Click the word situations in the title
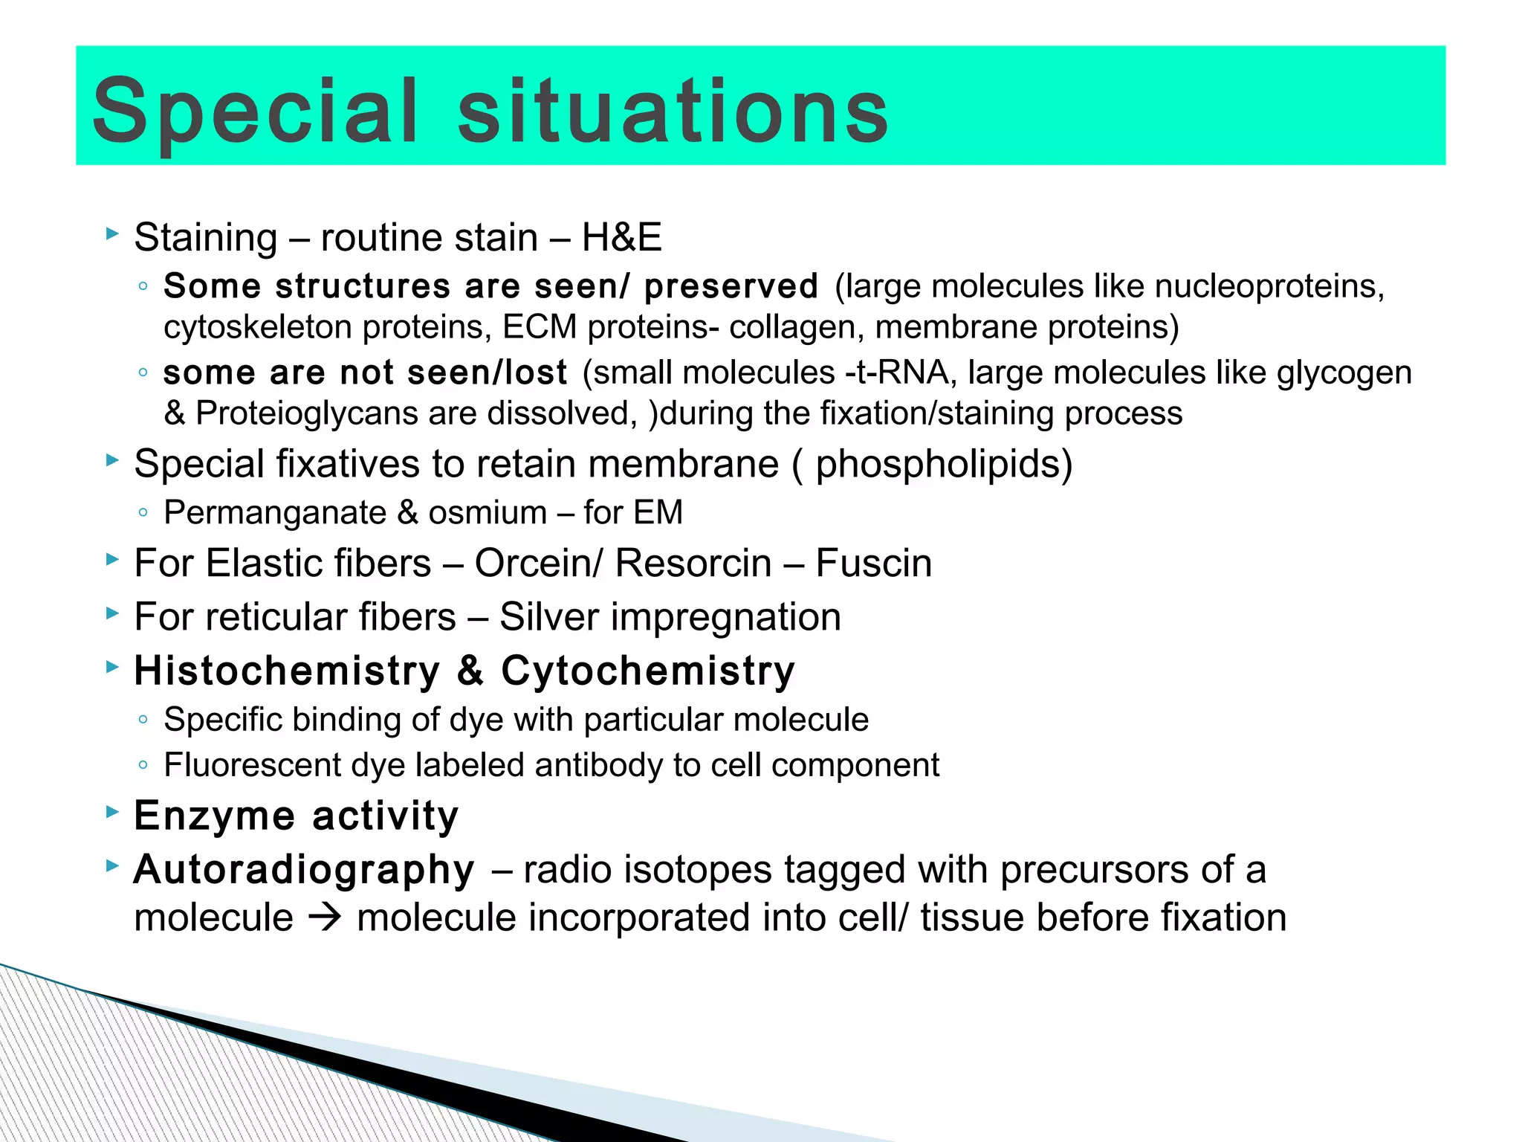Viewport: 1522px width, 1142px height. click(x=673, y=112)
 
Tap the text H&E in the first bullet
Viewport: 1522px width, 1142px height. click(x=621, y=238)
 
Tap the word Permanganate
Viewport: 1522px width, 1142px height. click(x=275, y=513)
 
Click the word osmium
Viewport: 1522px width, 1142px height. click(x=488, y=513)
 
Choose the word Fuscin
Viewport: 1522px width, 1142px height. click(x=873, y=564)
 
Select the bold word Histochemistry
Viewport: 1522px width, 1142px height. click(x=288, y=671)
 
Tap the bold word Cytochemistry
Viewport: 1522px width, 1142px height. click(x=647, y=671)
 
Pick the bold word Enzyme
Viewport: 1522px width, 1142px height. click(x=215, y=816)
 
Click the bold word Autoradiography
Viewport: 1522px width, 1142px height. click(x=304, y=870)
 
